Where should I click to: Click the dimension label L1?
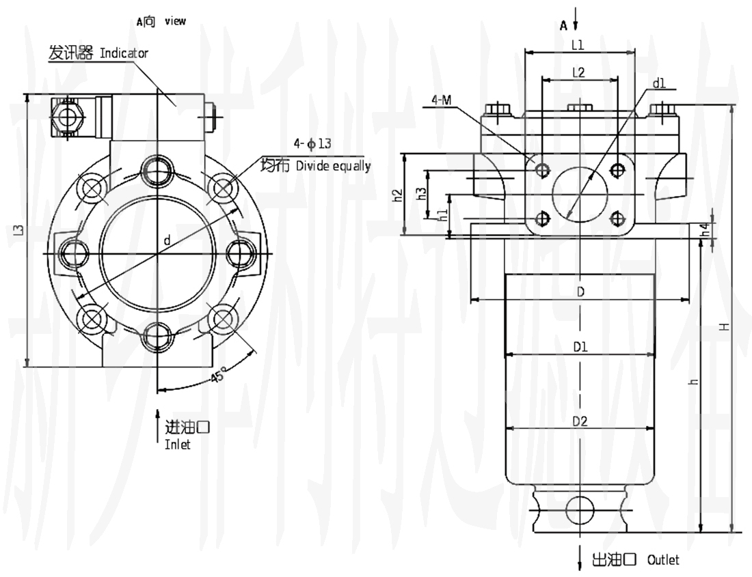[x=577, y=46]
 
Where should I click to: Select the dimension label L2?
[x=578, y=72]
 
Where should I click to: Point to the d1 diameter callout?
[x=659, y=84]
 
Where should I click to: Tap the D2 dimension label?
[x=580, y=421]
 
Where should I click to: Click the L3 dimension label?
[x=20, y=231]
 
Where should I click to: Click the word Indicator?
[x=124, y=53]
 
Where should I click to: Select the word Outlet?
[x=663, y=560]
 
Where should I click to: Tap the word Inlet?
[x=178, y=445]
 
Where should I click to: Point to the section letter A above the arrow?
[x=564, y=26]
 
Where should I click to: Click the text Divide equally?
[x=333, y=166]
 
